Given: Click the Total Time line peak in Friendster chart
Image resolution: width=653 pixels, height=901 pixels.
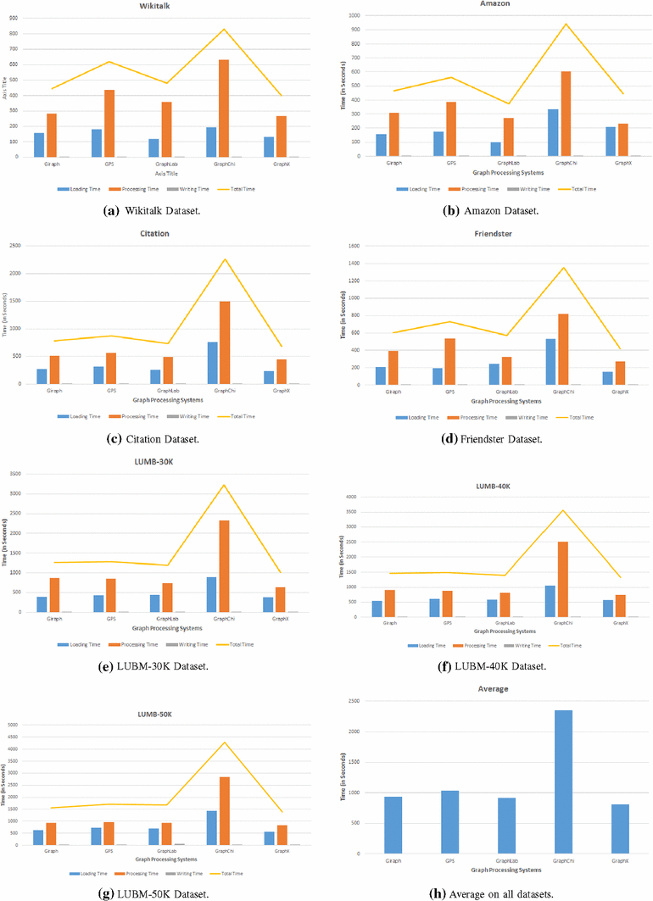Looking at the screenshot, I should coord(564,268).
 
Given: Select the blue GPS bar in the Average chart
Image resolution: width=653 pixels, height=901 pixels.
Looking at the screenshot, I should coord(449,822).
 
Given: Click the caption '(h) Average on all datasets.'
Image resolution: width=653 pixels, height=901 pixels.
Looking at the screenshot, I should coord(494,894).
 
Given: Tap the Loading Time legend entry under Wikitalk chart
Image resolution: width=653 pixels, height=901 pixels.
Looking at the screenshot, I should coord(76,188).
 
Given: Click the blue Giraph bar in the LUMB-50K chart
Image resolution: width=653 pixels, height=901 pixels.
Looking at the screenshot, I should coord(38,837).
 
